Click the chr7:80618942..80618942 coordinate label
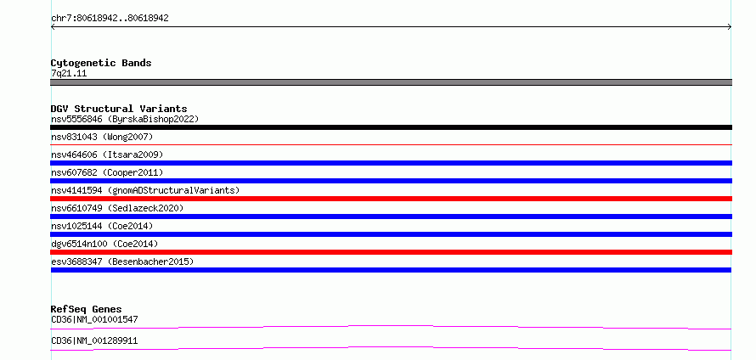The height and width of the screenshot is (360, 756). (x=110, y=19)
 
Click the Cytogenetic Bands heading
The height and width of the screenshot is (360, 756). (x=101, y=63)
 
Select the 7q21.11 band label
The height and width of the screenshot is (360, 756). (x=69, y=73)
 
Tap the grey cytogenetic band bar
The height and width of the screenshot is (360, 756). (x=391, y=82)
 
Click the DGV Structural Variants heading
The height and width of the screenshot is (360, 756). (x=119, y=109)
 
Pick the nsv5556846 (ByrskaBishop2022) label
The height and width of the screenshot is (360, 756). (x=125, y=119)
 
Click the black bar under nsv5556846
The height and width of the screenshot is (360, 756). (x=391, y=127)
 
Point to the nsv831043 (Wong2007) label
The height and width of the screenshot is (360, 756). (x=102, y=137)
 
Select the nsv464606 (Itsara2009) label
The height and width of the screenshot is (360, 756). (x=107, y=155)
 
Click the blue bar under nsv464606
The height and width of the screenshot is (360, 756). (x=391, y=163)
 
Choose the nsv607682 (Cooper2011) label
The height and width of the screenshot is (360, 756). (x=107, y=172)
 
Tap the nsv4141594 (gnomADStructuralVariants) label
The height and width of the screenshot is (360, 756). (x=145, y=190)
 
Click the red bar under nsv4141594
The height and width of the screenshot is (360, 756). (x=391, y=199)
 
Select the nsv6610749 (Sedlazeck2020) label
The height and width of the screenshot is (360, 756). (x=117, y=208)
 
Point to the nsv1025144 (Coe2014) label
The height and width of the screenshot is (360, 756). (x=102, y=226)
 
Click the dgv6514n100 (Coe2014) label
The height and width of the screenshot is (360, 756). (x=104, y=244)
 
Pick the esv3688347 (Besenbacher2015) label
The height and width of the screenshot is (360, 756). (x=122, y=262)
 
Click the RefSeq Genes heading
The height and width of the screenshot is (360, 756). (x=87, y=309)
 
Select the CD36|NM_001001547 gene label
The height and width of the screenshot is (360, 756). (x=94, y=319)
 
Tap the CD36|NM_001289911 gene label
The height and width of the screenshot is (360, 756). (x=94, y=340)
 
